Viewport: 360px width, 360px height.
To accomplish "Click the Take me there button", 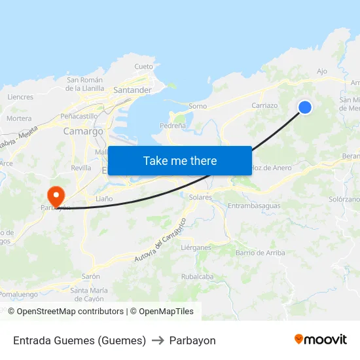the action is (x=179, y=160).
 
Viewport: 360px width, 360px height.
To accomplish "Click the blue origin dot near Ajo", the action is (x=304, y=107).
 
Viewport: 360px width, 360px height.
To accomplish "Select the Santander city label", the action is (x=132, y=90).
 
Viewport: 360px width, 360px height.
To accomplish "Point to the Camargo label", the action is (x=83, y=131).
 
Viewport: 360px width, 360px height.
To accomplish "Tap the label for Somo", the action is (x=197, y=106).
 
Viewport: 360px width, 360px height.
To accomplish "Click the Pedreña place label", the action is (x=173, y=125).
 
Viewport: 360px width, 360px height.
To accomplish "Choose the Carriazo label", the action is (x=264, y=105).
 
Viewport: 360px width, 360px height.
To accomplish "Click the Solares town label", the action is (x=200, y=197).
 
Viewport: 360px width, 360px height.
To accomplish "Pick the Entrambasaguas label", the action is (x=253, y=206).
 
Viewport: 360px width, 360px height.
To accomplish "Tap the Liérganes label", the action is (x=196, y=247).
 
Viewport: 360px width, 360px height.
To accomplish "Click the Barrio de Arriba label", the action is (x=260, y=253).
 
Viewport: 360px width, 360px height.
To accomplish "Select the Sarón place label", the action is (x=90, y=276).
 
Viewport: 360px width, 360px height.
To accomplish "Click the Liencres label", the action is (x=20, y=97).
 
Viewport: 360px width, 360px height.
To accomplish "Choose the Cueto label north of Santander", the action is (x=143, y=67).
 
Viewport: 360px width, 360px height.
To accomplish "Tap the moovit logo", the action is (x=321, y=340).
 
